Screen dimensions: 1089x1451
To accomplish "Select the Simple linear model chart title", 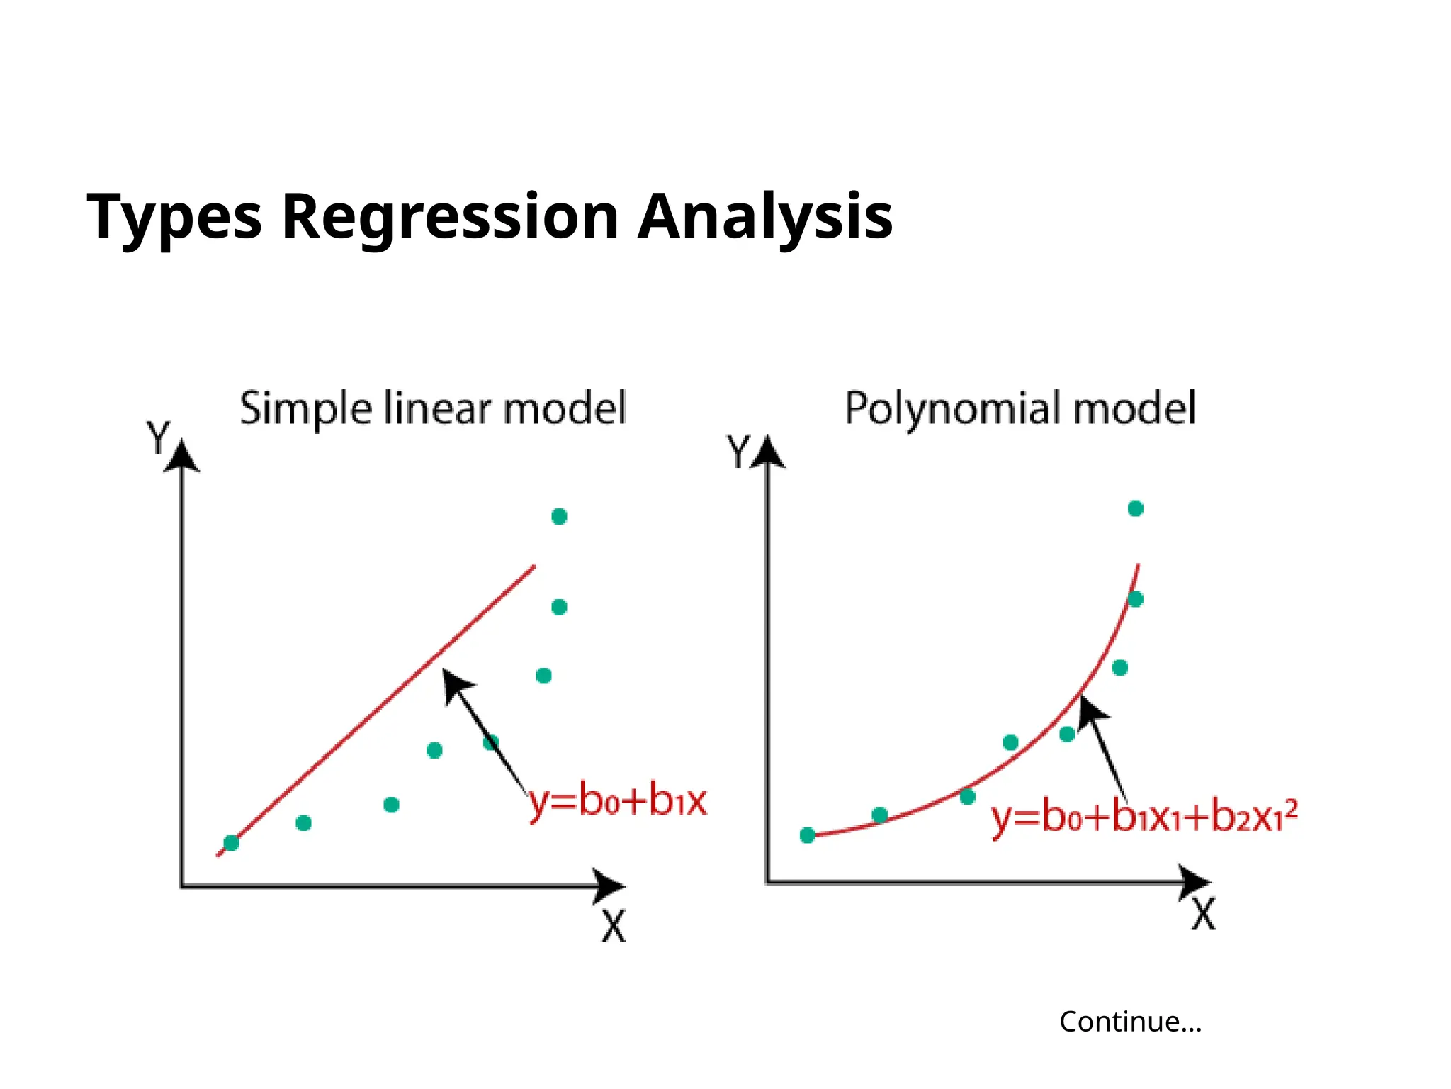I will (x=433, y=408).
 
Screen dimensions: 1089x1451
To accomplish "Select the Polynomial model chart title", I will (x=1020, y=408).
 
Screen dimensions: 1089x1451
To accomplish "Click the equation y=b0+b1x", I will (x=618, y=802).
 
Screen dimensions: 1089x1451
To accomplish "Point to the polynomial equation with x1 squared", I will (x=1144, y=817).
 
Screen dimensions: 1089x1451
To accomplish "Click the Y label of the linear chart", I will (x=157, y=437).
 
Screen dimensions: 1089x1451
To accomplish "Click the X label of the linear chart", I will (x=614, y=926).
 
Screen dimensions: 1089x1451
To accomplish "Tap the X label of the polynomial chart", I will (x=1203, y=915).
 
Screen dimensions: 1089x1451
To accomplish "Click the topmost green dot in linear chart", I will (x=559, y=516).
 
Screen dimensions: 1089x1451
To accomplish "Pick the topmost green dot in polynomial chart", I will (x=1135, y=508).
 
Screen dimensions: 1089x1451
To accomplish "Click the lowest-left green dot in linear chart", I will (x=231, y=843).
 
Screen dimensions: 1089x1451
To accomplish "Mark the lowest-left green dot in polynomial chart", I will (x=807, y=835).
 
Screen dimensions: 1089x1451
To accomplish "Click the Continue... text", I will (x=1130, y=1022).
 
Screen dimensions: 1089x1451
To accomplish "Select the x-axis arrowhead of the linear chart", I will (x=610, y=886).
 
